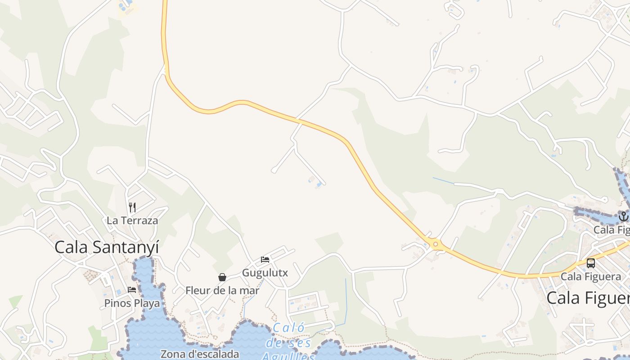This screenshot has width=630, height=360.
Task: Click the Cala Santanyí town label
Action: [107, 247]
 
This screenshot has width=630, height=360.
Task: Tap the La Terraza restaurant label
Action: [132, 220]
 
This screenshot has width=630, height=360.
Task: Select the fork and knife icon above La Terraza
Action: [132, 207]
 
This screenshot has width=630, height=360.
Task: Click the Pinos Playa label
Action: [132, 303]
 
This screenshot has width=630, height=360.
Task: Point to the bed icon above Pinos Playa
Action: [132, 290]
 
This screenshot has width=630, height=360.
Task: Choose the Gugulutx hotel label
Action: [265, 273]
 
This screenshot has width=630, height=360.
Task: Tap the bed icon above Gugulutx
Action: [265, 259]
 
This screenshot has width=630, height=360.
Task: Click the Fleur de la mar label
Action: [222, 291]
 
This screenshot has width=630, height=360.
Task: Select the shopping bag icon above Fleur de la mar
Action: [222, 277]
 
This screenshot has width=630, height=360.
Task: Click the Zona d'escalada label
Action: [200, 354]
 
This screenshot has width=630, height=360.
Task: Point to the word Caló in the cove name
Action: [288, 328]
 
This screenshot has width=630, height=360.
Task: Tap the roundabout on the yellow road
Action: [435, 244]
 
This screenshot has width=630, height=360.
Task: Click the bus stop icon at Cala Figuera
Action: [590, 263]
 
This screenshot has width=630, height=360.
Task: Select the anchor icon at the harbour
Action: [623, 217]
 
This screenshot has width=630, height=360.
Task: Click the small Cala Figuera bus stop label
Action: [590, 276]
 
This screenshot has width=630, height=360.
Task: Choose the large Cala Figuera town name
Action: [588, 298]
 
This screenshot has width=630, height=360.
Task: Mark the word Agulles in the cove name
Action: [288, 356]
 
